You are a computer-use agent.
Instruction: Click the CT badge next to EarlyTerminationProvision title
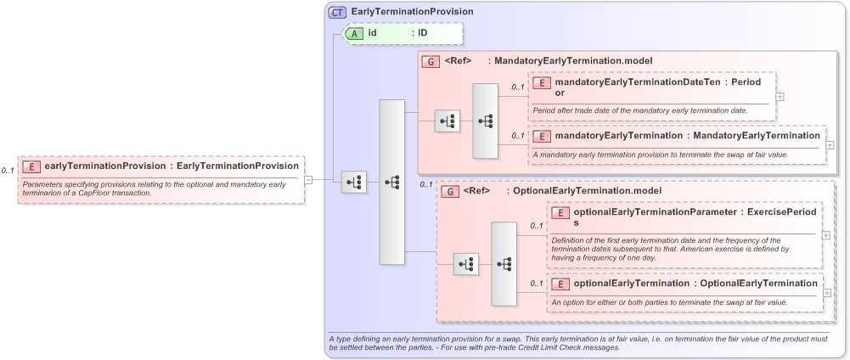coord(338,12)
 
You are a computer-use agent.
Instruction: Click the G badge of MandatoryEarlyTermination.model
coord(431,61)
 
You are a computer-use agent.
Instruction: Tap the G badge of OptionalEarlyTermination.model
coord(450,191)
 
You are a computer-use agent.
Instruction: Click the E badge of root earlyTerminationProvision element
coord(32,166)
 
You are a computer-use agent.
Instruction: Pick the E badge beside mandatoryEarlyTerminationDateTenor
coord(542,82)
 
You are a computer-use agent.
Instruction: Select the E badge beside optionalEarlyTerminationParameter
coord(560,213)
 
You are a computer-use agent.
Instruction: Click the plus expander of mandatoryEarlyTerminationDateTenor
coord(780,96)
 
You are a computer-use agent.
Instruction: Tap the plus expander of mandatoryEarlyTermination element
coord(830,145)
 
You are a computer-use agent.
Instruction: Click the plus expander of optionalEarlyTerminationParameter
coord(825,235)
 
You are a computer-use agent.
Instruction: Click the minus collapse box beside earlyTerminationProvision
coord(309,179)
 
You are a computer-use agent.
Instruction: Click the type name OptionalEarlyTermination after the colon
coord(758,283)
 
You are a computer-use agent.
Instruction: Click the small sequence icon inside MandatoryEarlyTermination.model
coord(447,121)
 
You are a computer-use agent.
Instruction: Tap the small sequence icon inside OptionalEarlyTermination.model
coord(465,264)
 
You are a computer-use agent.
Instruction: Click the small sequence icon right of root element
coord(354,182)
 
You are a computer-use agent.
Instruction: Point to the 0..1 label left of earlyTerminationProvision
coord(8,171)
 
